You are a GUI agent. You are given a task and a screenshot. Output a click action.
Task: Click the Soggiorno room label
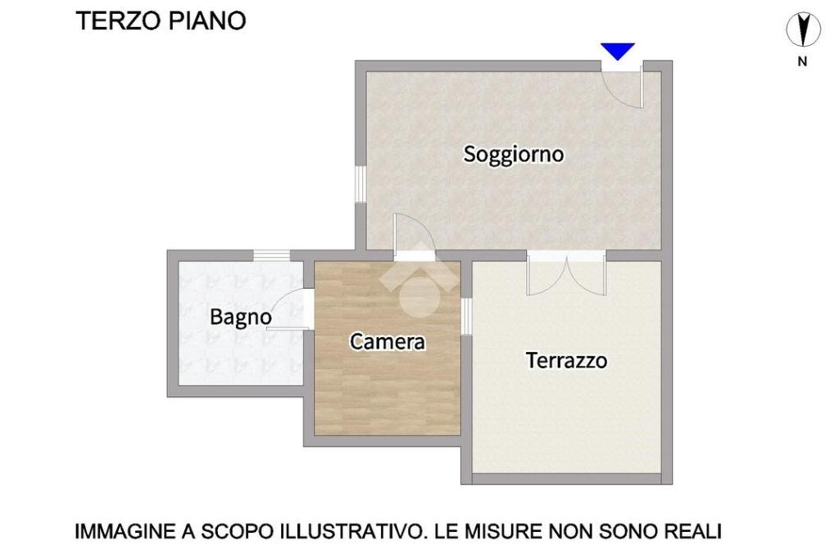tap(513, 155)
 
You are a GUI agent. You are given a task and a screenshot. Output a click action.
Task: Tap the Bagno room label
tap(241, 318)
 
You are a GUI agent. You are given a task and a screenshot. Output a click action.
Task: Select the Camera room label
tap(388, 341)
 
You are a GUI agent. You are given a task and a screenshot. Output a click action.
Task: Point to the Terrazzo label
tap(567, 360)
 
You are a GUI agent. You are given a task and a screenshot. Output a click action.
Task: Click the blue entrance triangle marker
tap(618, 51)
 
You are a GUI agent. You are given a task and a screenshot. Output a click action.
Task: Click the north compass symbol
tap(803, 29)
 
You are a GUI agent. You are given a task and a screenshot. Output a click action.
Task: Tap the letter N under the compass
tap(802, 61)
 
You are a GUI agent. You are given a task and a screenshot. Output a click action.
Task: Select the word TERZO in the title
tap(118, 20)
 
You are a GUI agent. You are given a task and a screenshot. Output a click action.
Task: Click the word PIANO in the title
tap(207, 20)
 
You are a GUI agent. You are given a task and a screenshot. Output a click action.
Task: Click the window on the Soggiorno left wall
tap(361, 184)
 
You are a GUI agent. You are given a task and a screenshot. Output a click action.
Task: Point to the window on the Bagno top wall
tap(271, 255)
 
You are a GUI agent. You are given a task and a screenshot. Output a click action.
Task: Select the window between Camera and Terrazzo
tap(466, 317)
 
